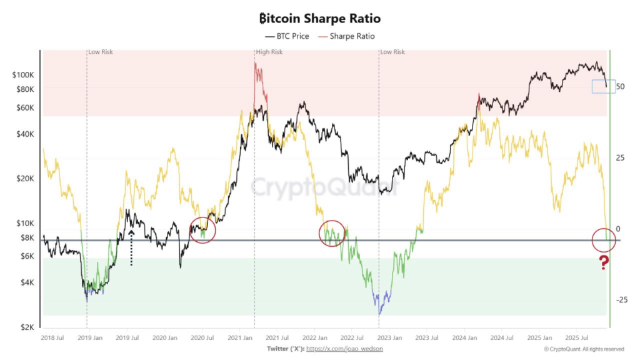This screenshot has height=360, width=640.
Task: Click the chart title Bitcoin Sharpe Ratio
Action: coord(319,19)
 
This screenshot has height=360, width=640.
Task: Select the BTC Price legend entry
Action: coord(287,36)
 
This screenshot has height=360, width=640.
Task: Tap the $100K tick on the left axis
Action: coord(24,75)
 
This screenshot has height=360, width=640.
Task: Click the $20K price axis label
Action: coord(26,179)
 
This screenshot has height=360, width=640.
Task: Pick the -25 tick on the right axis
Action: coord(621,300)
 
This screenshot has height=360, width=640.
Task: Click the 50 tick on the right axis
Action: coord(621,86)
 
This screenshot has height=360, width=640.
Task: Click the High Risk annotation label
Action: coord(270,52)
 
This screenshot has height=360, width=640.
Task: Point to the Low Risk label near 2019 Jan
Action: coord(101,52)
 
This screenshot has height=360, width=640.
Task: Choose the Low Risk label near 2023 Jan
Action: coord(393,52)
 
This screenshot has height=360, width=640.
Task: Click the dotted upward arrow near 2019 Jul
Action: coord(131,247)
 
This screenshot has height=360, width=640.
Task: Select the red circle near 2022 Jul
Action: coord(332,233)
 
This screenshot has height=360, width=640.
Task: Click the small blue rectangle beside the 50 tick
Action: coord(602,86)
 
